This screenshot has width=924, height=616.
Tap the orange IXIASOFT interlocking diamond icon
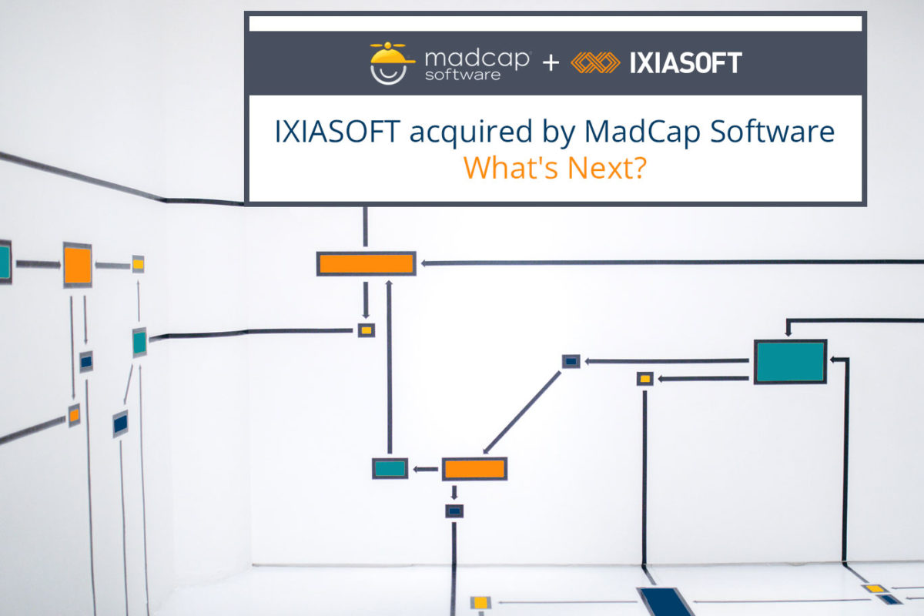595,62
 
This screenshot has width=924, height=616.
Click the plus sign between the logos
551,63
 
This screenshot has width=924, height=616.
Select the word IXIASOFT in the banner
685,63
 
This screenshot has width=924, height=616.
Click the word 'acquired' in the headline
470,132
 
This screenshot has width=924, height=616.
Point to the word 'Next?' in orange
607,168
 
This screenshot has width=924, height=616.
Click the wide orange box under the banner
367,263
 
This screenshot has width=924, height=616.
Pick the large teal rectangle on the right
790,362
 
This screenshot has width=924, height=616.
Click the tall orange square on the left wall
78,265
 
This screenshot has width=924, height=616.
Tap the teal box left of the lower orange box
390,468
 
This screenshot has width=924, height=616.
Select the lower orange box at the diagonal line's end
475,469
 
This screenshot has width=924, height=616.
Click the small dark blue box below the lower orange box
454,511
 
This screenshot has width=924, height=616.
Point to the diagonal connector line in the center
522,412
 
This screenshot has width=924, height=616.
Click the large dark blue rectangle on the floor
666,601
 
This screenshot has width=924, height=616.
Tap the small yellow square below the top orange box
367,330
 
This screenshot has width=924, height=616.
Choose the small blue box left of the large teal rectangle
571,361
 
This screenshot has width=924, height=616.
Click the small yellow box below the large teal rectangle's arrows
645,379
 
